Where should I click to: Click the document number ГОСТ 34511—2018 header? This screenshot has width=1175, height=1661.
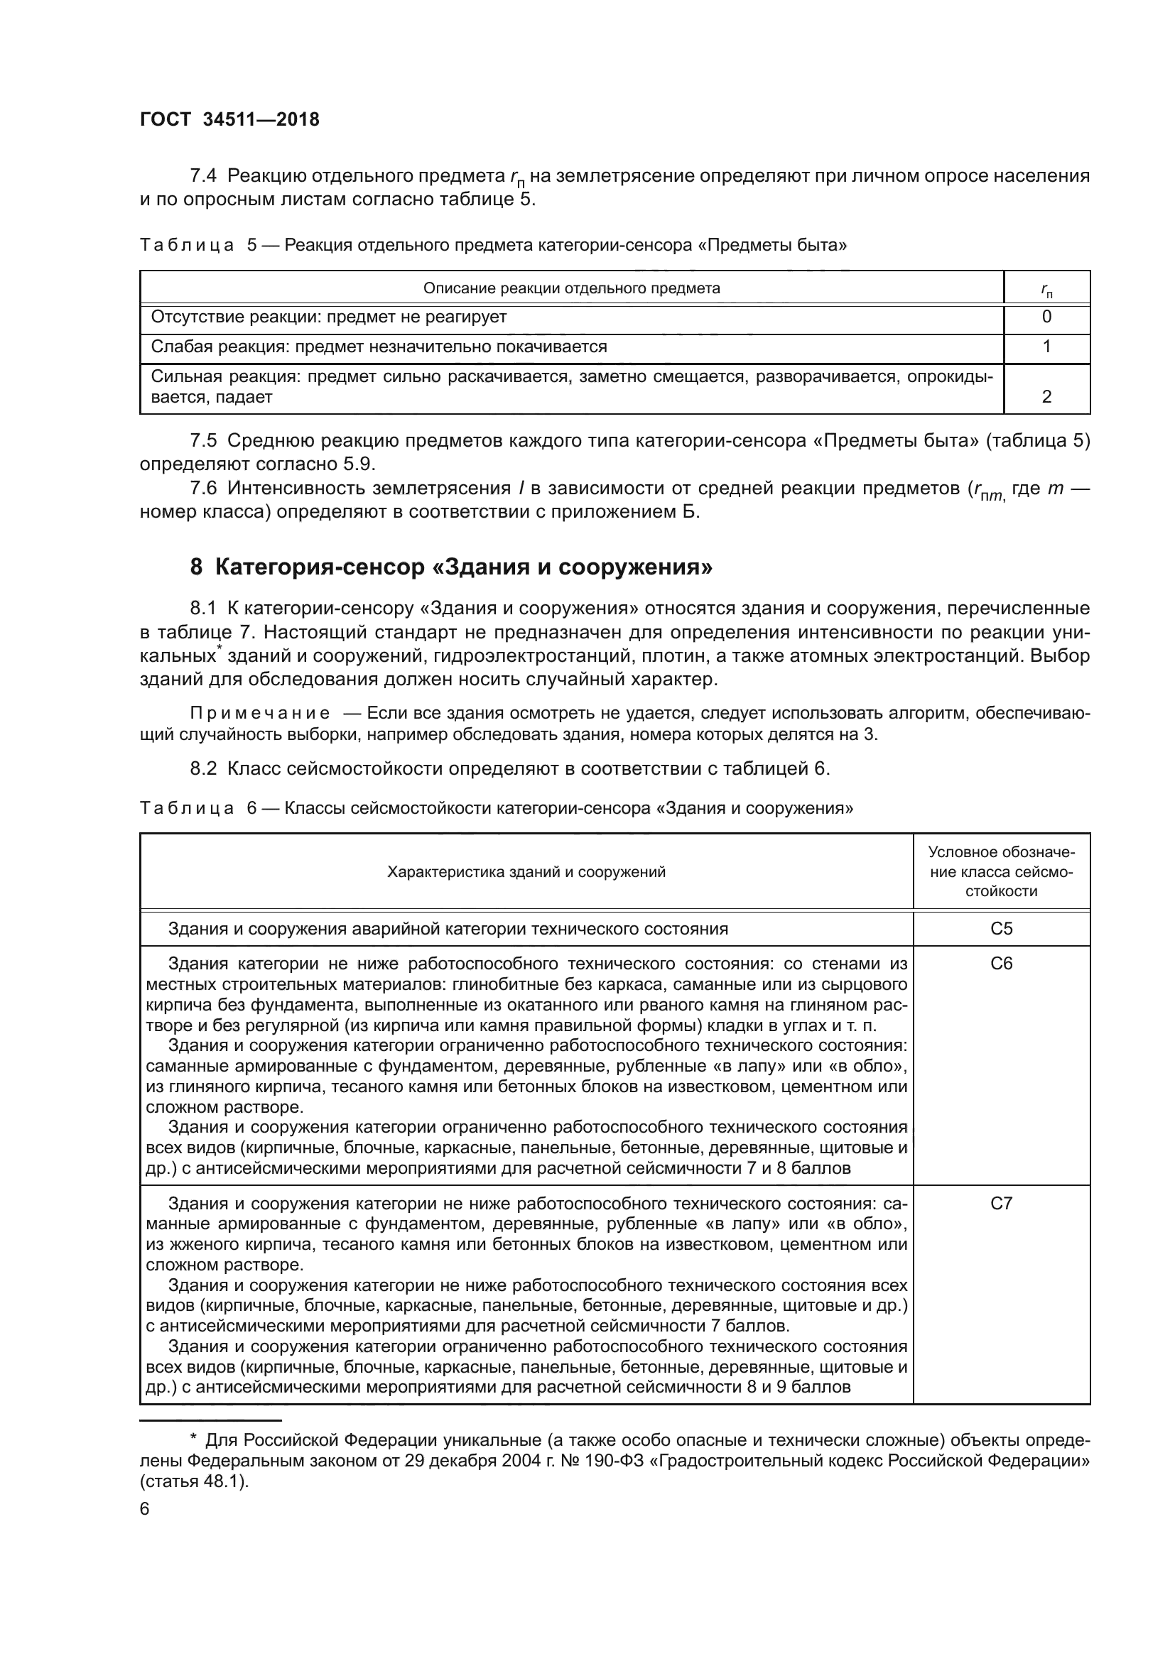(229, 120)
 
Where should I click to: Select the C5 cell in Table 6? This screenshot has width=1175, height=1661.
(1001, 928)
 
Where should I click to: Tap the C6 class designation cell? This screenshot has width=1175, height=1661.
(1001, 963)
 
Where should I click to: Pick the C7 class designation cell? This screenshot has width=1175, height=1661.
(1001, 1203)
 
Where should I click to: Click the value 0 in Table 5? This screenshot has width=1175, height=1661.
(1046, 317)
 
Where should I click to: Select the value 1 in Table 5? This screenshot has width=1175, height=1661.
(1046, 347)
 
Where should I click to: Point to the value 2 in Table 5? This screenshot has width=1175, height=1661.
(1046, 396)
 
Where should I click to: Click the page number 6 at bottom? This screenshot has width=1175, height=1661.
(145, 1509)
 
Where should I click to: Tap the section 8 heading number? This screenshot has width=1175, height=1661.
(196, 567)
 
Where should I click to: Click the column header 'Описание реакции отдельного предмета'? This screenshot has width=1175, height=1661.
(572, 288)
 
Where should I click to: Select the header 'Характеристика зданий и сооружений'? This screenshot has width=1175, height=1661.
(526, 872)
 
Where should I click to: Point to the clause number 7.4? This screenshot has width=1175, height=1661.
(203, 176)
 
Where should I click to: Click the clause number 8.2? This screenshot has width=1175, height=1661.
(203, 768)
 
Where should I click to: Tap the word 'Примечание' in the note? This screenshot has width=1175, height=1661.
(260, 713)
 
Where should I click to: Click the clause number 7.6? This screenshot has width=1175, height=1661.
(203, 489)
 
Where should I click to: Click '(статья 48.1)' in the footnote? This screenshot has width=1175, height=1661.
(194, 1481)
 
